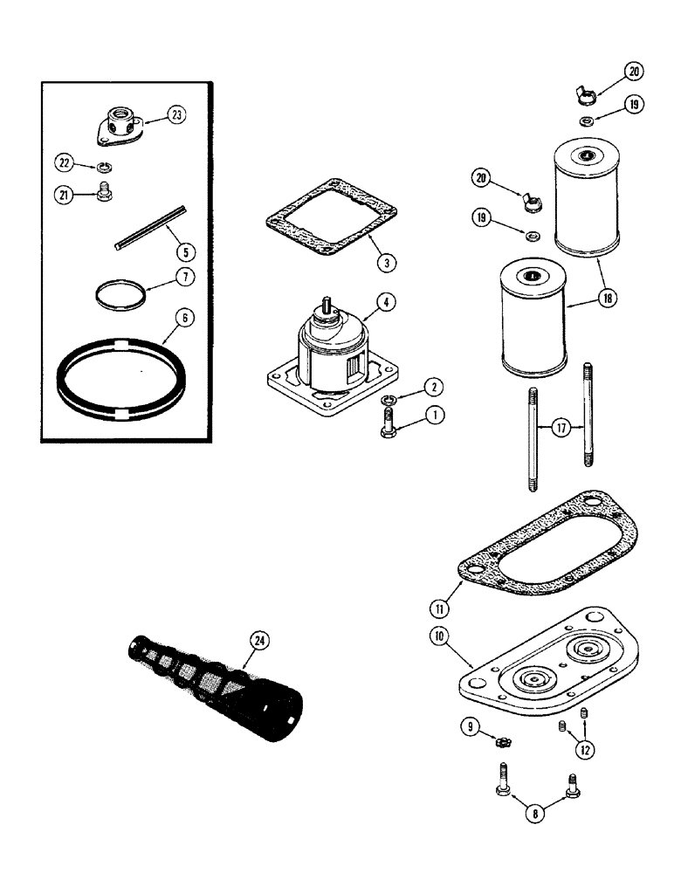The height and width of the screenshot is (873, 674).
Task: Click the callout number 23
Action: coord(177,114)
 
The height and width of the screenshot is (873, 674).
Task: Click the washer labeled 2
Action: coord(390,400)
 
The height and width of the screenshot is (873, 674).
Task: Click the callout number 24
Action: coord(259,640)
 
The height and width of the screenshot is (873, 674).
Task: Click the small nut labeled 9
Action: coord(503,741)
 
